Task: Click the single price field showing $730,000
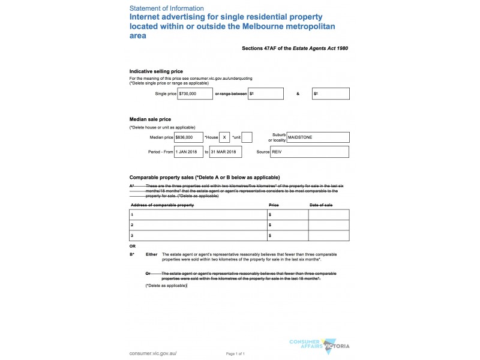pyautogui.click(x=195, y=94)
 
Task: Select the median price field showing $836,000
pyautogui.click(x=189, y=137)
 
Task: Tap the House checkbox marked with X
pyautogui.click(x=224, y=137)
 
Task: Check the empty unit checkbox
pyautogui.click(x=247, y=137)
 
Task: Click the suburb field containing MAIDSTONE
pyautogui.click(x=318, y=137)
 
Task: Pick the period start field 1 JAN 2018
pyautogui.click(x=189, y=152)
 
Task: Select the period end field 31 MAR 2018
pyautogui.click(x=225, y=152)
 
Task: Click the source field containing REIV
pyautogui.click(x=310, y=152)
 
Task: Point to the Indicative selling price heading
pyautogui.click(x=156, y=71)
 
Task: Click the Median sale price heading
pyautogui.click(x=151, y=119)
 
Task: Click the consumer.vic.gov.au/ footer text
pyautogui.click(x=153, y=353)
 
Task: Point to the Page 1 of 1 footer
pyautogui.click(x=235, y=354)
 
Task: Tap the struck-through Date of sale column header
pyautogui.click(x=320, y=205)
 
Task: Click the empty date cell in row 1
pyautogui.click(x=328, y=214)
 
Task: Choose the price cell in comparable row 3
pyautogui.click(x=287, y=236)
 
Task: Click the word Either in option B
pyautogui.click(x=151, y=254)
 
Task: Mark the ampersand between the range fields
pyautogui.click(x=298, y=94)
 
